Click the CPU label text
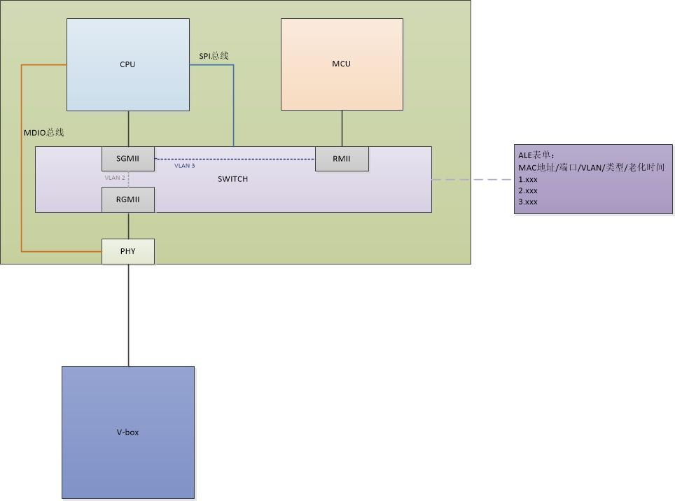[127, 64]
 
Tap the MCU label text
[341, 64]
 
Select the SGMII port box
[127, 158]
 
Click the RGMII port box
[127, 199]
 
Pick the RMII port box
[342, 158]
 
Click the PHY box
[127, 251]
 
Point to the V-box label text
[127, 432]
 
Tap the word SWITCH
[232, 179]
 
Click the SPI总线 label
[214, 56]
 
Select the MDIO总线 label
[43, 132]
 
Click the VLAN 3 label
[185, 166]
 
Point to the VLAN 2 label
[115, 178]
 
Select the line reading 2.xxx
[528, 190]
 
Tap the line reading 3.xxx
[528, 202]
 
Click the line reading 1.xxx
[528, 179]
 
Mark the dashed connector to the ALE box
[473, 179]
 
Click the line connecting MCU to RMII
[342, 128]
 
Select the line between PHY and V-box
[128, 315]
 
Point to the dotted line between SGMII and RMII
[235, 160]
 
